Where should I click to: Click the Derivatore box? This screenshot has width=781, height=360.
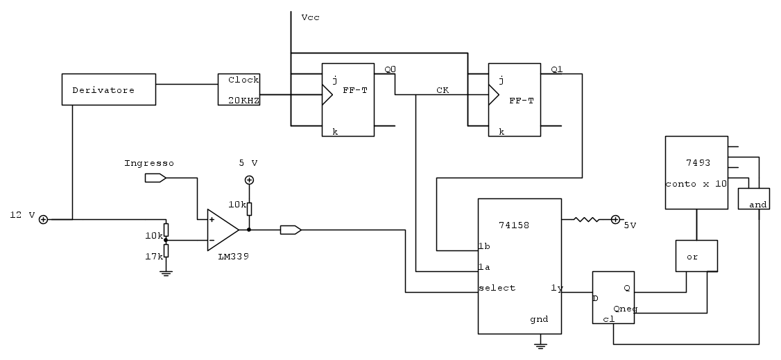point(108,89)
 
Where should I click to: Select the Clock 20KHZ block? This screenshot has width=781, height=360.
point(239,89)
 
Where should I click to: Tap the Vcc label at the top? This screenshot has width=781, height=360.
point(310,17)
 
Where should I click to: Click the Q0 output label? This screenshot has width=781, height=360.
point(390,69)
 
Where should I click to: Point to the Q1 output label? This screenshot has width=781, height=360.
point(556,69)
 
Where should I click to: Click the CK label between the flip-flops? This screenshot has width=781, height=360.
point(443,90)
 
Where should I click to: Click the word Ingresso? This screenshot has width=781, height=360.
point(149,163)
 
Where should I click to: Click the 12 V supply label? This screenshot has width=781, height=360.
point(22,215)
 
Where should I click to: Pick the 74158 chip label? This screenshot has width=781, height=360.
point(515,224)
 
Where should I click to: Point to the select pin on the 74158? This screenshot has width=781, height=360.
point(497,288)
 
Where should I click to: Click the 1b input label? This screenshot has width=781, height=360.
point(485,246)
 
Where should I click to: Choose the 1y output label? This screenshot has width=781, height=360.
point(556,288)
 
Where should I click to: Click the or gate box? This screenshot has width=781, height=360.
point(696,256)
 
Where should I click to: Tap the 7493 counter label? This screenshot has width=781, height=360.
point(698,162)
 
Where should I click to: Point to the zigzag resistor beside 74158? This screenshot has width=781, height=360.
point(586,220)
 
